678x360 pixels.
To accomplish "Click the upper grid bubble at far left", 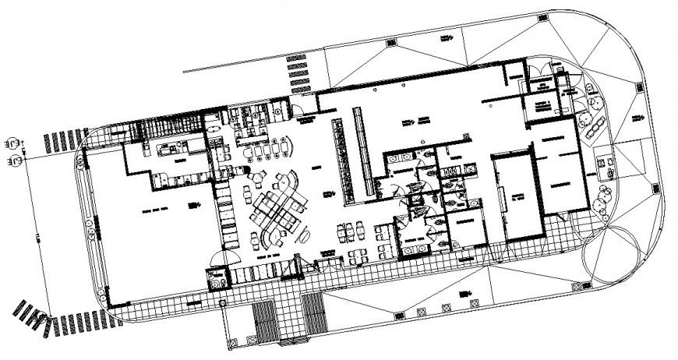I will point(12,145).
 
